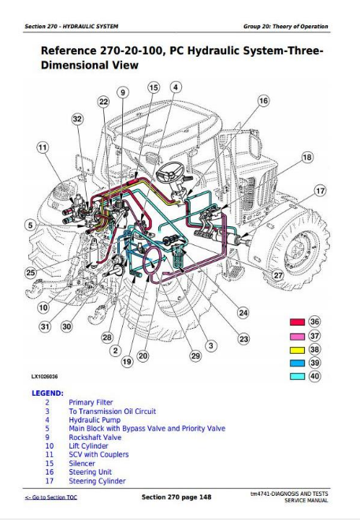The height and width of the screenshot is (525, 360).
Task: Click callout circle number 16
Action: [263, 101]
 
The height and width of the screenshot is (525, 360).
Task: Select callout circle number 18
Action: [307, 158]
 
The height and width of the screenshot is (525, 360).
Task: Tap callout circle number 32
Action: [76, 119]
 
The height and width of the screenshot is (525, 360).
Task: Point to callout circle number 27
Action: [277, 275]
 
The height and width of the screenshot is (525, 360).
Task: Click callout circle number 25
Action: [31, 273]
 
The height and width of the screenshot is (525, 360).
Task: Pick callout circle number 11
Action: [42, 147]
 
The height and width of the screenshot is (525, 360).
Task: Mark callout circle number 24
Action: [243, 313]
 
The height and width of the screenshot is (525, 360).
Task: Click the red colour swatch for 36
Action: [297, 322]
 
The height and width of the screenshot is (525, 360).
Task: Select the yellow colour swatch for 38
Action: [297, 349]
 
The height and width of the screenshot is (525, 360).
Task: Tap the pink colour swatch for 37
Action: [297, 336]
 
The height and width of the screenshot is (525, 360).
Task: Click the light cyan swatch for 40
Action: [297, 377]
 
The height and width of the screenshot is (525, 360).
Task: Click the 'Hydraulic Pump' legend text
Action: [94, 419]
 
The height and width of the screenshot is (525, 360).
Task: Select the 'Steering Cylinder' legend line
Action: [97, 481]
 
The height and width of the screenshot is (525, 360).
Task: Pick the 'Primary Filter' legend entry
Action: [91, 402]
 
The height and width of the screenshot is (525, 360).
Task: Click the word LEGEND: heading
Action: [47, 393]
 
